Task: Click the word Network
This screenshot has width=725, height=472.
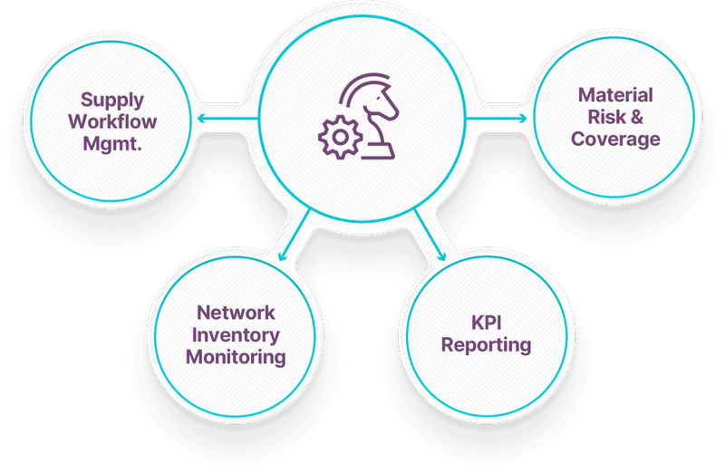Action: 236,313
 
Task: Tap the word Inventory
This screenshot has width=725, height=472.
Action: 236,334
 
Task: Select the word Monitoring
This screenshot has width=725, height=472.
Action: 236,356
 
